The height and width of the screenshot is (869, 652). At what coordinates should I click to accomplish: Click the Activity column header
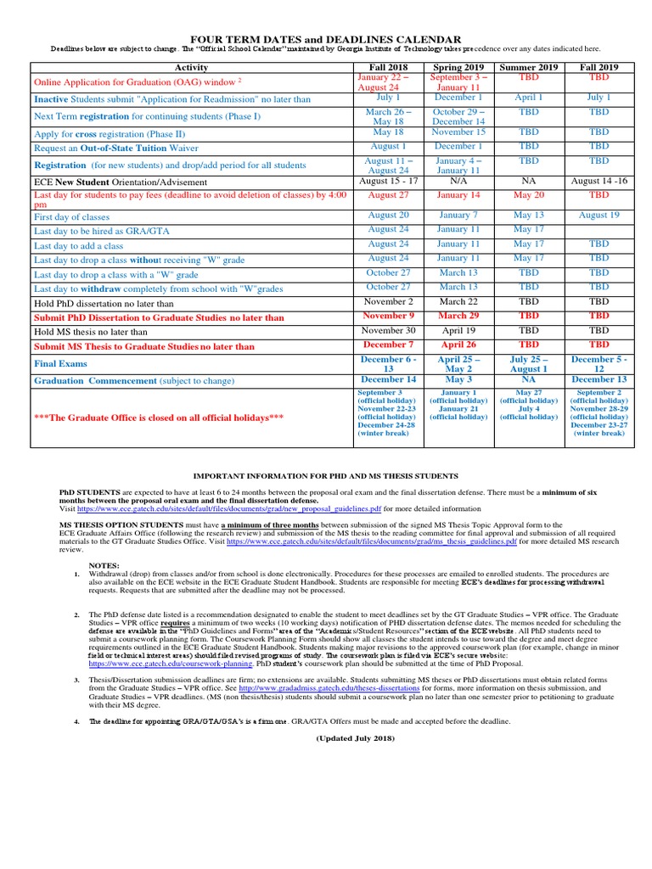coord(191,67)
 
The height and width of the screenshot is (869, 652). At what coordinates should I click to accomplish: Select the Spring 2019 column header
coord(458,67)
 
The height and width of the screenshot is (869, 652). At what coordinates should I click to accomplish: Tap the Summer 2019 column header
coord(528,67)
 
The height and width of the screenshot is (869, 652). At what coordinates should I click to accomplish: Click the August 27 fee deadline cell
coord(388,195)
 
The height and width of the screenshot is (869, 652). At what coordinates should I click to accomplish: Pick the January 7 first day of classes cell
coord(458,216)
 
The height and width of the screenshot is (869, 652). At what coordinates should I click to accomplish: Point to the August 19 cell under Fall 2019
coord(599,216)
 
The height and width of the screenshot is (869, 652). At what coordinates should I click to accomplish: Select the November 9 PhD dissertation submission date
coord(388,316)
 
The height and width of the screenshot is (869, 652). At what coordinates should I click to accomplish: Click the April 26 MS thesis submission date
coord(458,345)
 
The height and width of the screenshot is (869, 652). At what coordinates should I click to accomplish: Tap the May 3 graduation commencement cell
coord(458,379)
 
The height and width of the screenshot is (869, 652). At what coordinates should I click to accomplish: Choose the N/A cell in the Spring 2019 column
coord(458,181)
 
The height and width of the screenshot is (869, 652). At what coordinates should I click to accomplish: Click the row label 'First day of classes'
coord(72,217)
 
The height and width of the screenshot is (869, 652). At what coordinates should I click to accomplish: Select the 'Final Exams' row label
coord(62,363)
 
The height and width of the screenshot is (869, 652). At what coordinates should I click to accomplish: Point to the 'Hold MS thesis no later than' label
coord(91,332)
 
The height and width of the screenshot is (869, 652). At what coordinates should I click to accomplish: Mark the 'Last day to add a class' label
coord(78,246)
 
